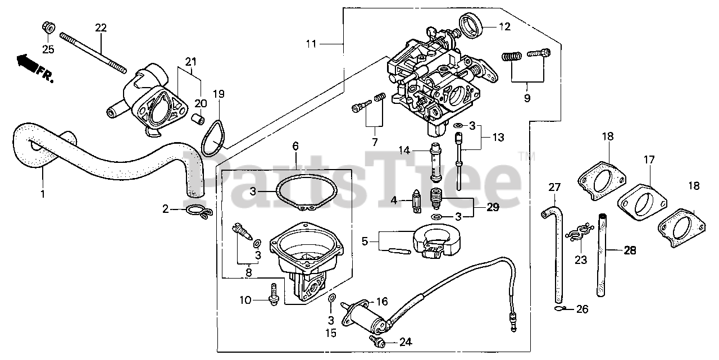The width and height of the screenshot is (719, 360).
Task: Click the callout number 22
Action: [x=101, y=28]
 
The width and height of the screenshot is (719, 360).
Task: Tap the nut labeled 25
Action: [x=48, y=27]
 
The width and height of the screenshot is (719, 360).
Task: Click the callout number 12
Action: [x=504, y=26]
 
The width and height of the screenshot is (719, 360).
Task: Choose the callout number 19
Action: [x=219, y=93]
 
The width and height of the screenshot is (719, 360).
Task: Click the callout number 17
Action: [x=649, y=160]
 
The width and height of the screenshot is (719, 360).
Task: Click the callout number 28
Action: [x=630, y=250]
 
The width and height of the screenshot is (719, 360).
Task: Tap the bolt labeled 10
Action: [x=274, y=294]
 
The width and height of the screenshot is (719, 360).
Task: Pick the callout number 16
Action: [x=382, y=302]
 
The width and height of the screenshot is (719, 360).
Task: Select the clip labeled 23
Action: [x=579, y=234]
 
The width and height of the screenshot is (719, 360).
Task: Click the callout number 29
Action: [x=493, y=207]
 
